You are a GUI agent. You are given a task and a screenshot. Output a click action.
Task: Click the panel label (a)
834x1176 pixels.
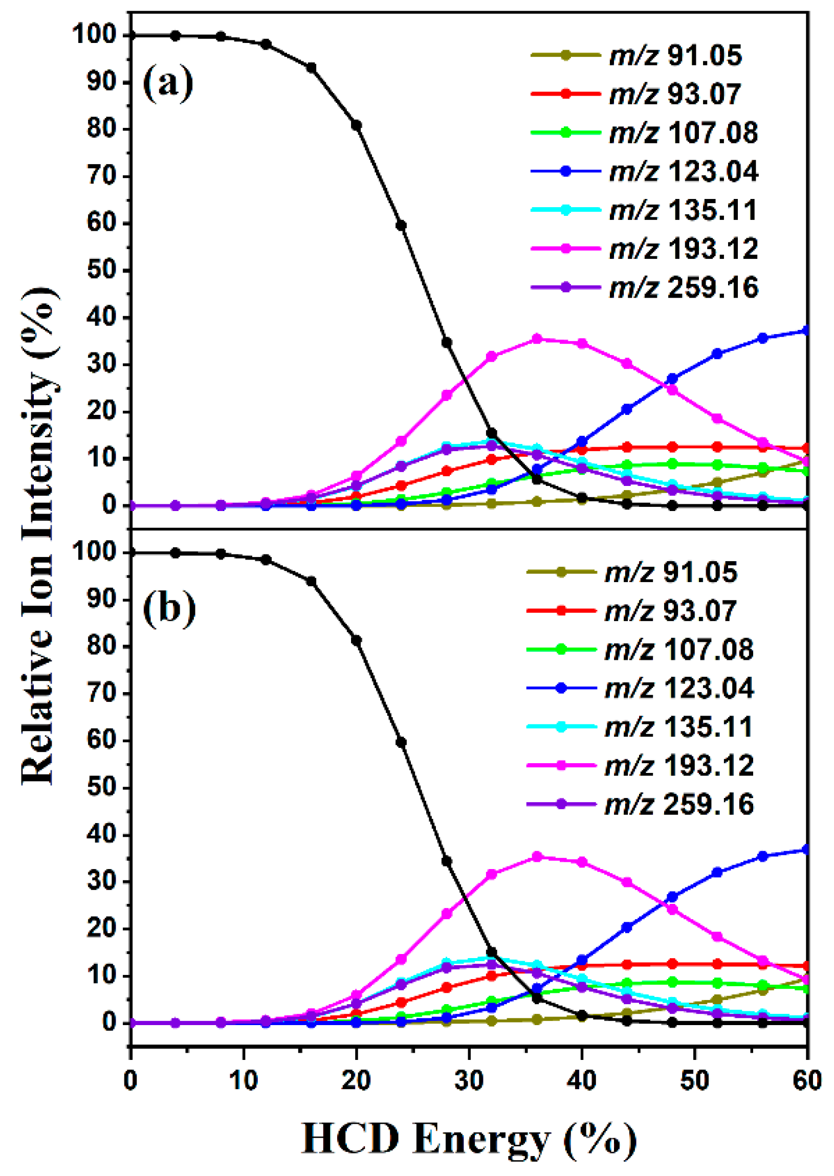point(168,83)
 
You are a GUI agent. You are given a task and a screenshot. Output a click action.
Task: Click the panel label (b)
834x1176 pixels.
point(169,609)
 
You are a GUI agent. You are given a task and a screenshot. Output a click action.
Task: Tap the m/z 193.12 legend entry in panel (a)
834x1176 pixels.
point(683,249)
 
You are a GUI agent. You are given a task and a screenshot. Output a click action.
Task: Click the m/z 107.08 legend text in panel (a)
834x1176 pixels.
point(683,133)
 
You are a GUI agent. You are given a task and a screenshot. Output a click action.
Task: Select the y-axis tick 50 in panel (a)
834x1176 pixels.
point(102,270)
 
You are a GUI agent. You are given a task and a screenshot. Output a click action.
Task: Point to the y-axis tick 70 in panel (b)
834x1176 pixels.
point(102,694)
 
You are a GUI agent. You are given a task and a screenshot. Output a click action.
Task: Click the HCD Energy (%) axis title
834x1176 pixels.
point(468,1139)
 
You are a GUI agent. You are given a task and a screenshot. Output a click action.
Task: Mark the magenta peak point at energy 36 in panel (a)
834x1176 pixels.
point(537,339)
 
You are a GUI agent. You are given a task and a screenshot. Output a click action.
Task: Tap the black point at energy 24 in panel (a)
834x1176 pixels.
point(401,226)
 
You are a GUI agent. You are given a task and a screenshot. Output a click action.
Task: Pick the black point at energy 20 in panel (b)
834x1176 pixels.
point(356,640)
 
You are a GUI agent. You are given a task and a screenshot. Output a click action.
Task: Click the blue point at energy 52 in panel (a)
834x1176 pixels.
point(717,353)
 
